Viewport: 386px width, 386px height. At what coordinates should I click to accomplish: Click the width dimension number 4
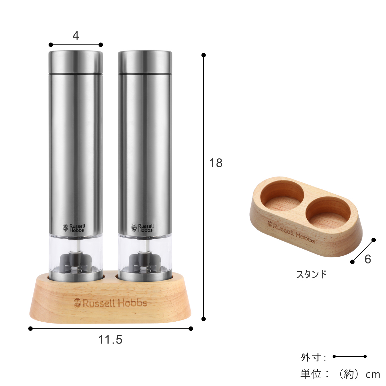pos(76,35)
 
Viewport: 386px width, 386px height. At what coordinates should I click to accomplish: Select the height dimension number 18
pos(216,163)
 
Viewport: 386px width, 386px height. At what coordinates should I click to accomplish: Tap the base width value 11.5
pos(110,340)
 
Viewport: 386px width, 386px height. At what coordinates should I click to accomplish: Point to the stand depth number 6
pos(368,259)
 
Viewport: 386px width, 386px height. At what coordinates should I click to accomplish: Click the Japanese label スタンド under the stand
pos(311,274)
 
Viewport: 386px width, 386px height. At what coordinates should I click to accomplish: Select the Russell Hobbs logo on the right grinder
pos(142,228)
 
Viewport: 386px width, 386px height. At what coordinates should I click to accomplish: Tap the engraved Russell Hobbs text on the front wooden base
pos(110,303)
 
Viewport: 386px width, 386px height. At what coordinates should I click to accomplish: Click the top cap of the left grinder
pos(76,62)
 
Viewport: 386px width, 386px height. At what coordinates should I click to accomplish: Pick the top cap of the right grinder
pos(145,62)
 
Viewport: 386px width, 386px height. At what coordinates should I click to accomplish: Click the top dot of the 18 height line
pos(204,55)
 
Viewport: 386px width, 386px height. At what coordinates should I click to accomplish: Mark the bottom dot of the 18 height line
pos(204,319)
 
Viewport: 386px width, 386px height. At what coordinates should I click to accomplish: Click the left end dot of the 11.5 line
pos(31,328)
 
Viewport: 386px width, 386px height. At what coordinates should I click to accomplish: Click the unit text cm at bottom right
pos(373,374)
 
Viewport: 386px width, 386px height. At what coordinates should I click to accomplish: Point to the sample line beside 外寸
pos(350,356)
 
